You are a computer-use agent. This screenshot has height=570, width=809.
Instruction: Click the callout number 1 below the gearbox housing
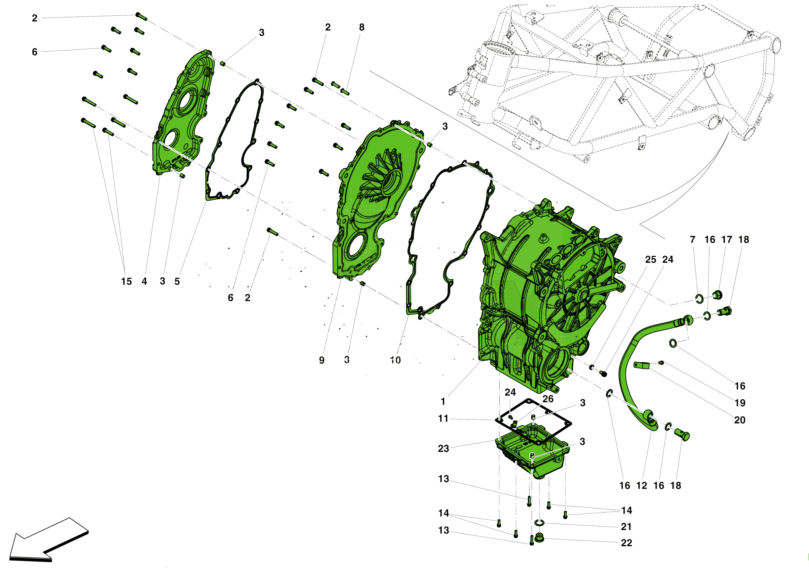coord(443,401)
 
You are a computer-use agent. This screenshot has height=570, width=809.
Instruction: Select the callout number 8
coord(362,27)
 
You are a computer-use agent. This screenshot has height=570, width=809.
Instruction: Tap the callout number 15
coord(126,281)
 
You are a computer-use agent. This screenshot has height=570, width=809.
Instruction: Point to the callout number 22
coord(626,543)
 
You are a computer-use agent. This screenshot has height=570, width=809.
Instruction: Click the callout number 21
coord(626,527)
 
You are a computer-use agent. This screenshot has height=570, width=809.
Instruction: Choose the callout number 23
coord(443,448)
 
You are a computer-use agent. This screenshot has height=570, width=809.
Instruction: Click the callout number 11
coord(443,418)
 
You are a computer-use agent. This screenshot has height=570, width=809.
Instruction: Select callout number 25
coord(650,260)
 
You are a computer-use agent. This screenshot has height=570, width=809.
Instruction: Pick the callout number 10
coord(395,360)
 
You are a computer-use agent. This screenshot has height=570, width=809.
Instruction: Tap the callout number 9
coord(322,360)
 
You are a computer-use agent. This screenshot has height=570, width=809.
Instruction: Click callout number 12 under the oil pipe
coord(642,486)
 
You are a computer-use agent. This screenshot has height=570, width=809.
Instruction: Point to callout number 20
coord(739,420)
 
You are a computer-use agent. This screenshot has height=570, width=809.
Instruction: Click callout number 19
coord(739,403)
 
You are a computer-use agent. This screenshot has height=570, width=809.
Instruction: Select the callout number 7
coord(693,240)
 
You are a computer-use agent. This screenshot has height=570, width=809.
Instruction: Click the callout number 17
coord(726,240)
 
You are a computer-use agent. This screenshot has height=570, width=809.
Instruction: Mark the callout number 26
coord(548,399)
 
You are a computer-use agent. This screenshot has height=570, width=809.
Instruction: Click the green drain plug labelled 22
coord(539,538)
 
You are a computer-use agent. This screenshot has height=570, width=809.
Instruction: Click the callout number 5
coord(177,281)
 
